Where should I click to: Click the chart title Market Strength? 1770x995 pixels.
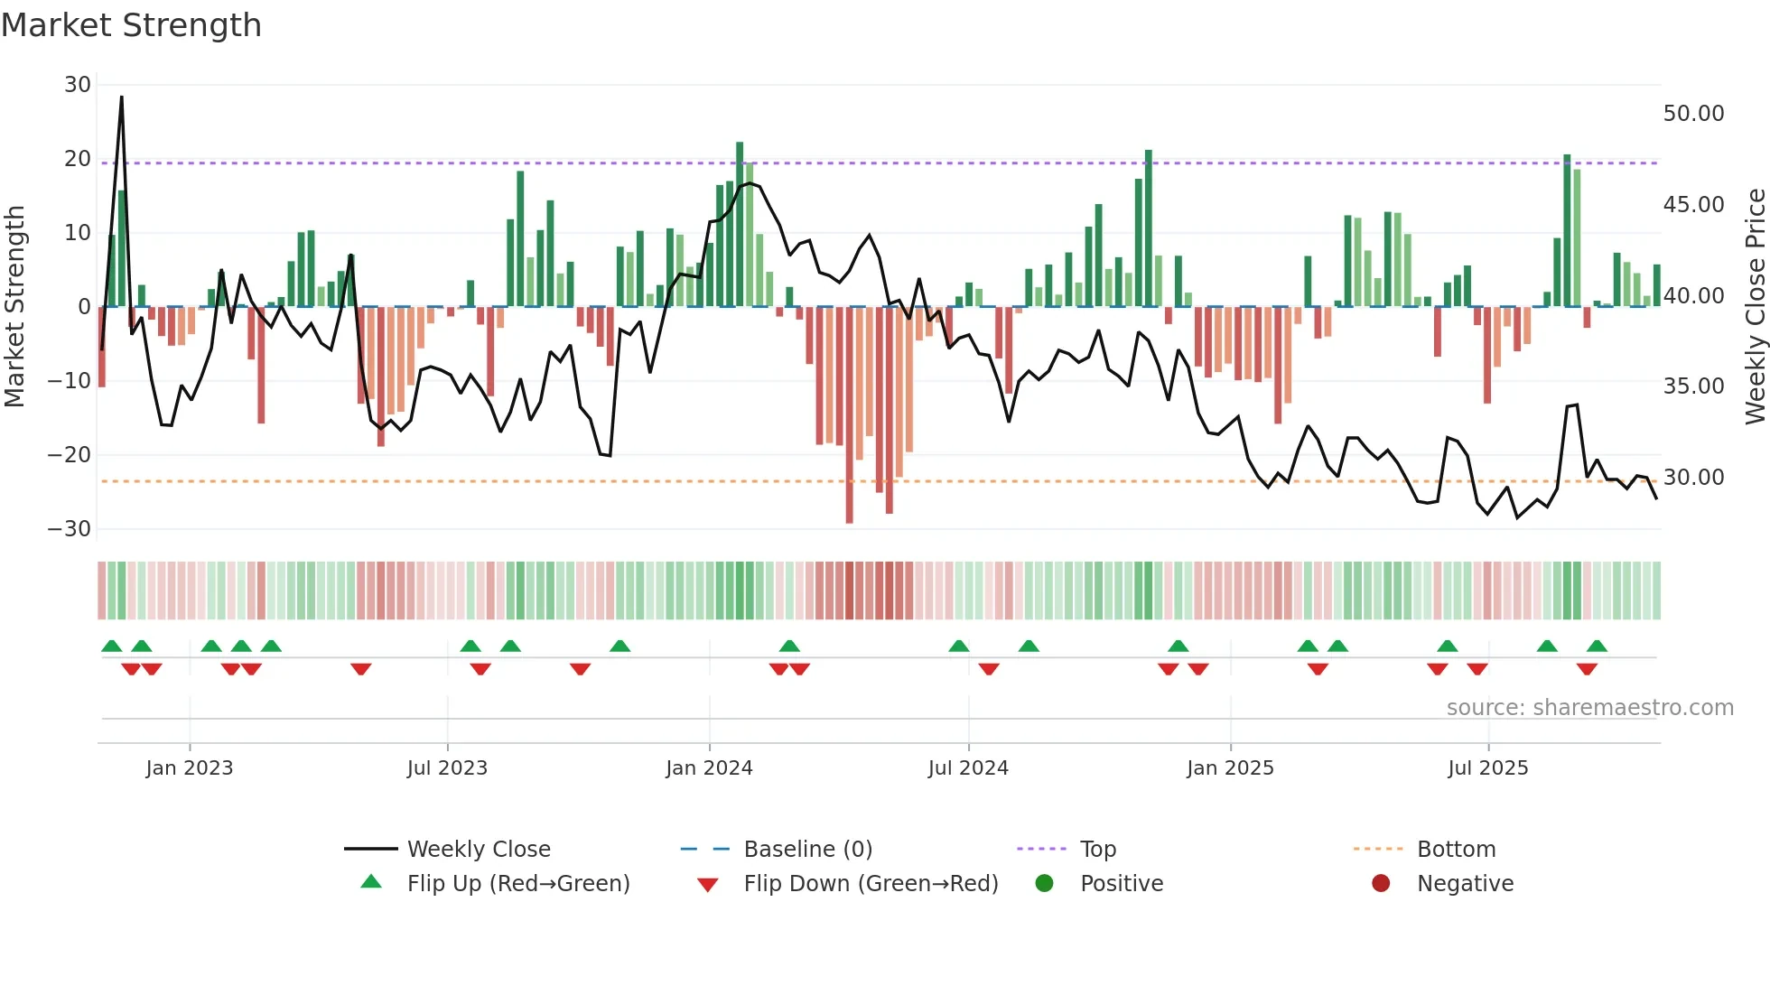(131, 25)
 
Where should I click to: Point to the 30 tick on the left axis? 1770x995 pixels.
(78, 85)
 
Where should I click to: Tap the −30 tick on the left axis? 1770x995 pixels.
(70, 529)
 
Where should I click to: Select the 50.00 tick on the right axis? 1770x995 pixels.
(1693, 114)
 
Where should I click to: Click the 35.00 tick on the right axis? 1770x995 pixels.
(1693, 386)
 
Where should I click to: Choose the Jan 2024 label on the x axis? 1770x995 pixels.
(709, 768)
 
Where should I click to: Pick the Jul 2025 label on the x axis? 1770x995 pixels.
(1487, 768)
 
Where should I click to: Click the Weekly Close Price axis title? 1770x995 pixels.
(1755, 307)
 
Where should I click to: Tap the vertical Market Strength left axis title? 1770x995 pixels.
(14, 307)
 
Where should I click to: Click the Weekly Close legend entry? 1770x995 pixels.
(478, 850)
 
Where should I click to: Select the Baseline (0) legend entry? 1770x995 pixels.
(807, 850)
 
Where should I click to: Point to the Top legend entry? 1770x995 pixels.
(1097, 850)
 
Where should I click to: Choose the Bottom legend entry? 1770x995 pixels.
(1456, 850)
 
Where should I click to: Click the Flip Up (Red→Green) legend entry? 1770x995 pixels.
(517, 884)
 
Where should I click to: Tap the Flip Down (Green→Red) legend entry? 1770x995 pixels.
(871, 884)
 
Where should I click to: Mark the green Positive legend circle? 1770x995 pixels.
(1045, 884)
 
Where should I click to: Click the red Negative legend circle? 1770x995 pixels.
(1381, 884)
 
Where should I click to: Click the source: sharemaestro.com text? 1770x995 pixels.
(1589, 708)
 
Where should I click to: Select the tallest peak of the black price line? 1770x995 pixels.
(122, 98)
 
